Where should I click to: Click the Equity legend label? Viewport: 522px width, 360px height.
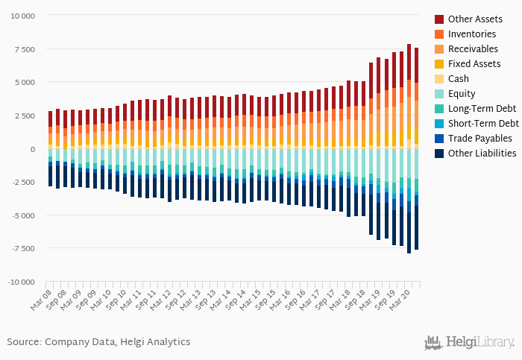tap(463, 93)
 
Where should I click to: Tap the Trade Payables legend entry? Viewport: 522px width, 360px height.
tap(480, 138)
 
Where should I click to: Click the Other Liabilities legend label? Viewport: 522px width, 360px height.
tap(482, 153)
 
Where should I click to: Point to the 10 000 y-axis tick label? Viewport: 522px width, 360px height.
tap(22, 16)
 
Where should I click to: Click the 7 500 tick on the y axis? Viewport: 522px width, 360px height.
tap(25, 49)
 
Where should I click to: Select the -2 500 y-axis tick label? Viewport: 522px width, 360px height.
tap(23, 182)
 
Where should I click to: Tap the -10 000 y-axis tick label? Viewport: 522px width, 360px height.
tap(21, 282)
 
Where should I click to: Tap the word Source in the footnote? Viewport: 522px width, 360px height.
tap(24, 341)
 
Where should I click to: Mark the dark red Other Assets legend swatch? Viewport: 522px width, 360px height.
tap(439, 19)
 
